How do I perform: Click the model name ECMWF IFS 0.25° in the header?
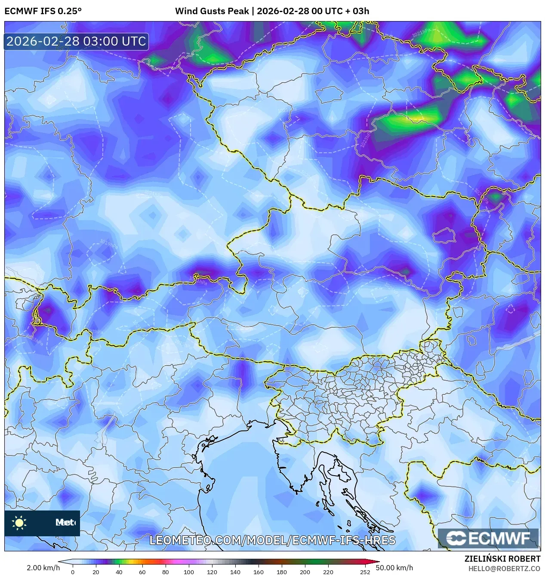coord(43,11)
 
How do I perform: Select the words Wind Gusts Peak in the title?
coord(212,11)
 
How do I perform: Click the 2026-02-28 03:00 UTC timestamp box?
coord(76,41)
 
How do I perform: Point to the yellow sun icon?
coord(19,523)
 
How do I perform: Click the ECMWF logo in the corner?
coord(488,538)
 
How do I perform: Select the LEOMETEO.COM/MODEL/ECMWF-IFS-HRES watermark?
coord(272,540)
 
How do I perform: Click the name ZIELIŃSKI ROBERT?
coord(502,559)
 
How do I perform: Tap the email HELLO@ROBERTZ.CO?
coord(504,569)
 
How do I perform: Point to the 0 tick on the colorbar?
coord(73,572)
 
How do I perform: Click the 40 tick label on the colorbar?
coord(119,572)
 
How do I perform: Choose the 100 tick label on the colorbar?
coord(188,572)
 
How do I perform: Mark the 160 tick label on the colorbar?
coord(258,572)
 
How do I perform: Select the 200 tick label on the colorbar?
coord(305,572)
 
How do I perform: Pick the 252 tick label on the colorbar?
coord(365,572)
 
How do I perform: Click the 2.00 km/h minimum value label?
coord(43,568)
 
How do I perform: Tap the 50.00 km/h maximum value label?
coord(394,568)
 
